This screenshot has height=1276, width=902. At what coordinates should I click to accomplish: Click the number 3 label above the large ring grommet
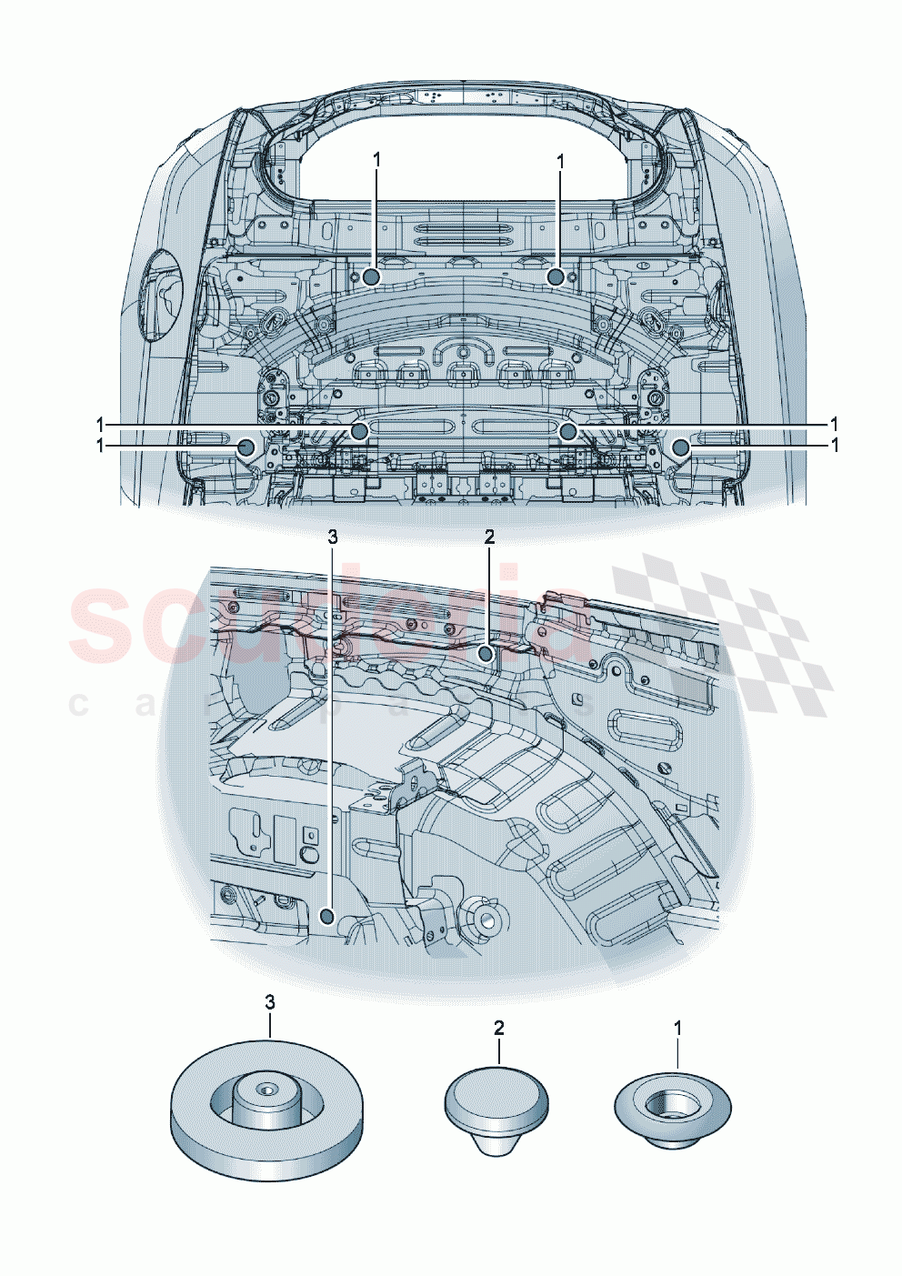270,1001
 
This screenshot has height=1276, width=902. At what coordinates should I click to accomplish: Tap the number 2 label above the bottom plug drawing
499,1028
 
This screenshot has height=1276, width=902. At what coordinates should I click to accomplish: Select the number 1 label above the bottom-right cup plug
677,1028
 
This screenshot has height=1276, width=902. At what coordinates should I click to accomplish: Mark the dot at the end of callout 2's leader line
487,653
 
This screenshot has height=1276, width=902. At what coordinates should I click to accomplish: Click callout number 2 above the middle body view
489,537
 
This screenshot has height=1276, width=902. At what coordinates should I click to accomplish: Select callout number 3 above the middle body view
333,537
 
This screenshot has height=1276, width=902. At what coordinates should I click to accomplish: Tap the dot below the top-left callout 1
371,276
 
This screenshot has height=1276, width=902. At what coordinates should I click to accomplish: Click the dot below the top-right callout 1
556,276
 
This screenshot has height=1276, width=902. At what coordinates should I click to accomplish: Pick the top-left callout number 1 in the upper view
376,160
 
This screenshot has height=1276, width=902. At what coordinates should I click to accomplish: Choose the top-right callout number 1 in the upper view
561,160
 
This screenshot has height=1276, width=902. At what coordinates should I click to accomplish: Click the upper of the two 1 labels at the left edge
99,424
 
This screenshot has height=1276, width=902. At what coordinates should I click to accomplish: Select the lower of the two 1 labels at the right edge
835,445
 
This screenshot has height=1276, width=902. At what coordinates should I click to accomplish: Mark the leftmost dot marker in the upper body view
246,446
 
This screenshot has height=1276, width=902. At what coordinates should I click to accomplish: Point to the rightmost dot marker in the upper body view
681,446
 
